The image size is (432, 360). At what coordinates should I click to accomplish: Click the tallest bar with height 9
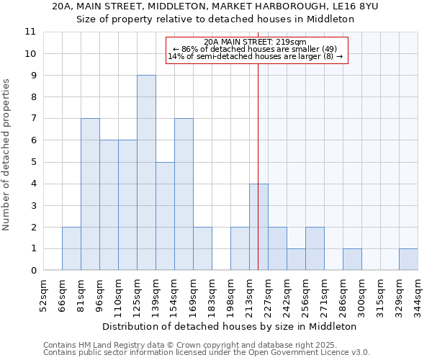click(x=146, y=173)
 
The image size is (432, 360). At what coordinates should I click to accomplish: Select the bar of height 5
click(x=165, y=216)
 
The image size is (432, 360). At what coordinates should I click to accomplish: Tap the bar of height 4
click(x=258, y=227)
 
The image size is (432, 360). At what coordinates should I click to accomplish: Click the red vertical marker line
click(x=258, y=144)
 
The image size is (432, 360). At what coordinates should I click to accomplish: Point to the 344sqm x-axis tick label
click(x=418, y=296)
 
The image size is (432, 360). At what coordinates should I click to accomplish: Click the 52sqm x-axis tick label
click(x=44, y=296)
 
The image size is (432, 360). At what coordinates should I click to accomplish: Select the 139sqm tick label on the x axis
click(x=156, y=296)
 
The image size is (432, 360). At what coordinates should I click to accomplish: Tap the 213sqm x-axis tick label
click(x=250, y=296)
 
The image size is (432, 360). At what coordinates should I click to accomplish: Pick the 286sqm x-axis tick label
click(x=343, y=296)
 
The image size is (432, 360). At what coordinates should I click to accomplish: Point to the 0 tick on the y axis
click(x=32, y=271)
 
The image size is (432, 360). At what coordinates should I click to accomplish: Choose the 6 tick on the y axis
click(x=32, y=140)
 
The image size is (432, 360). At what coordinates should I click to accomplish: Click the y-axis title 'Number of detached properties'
click(x=7, y=155)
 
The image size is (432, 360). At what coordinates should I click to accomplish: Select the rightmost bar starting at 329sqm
click(x=408, y=259)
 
